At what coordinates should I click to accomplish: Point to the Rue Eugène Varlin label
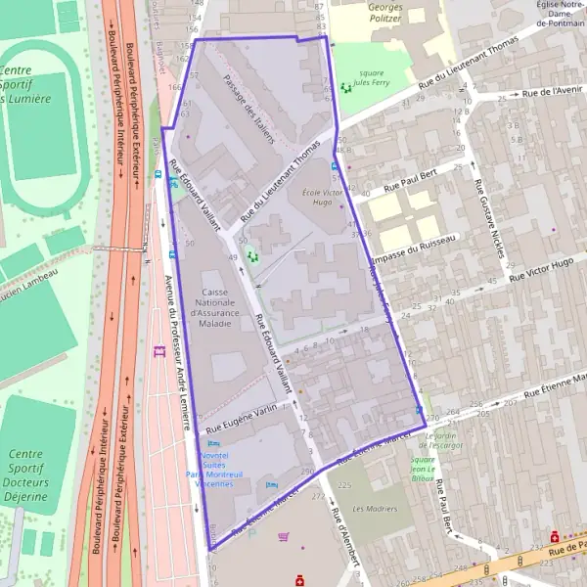point(240,417)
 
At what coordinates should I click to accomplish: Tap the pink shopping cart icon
point(284,536)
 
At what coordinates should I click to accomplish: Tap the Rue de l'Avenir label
point(553,92)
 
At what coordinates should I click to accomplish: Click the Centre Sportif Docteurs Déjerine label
point(27,475)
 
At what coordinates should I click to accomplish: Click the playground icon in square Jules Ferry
point(345,88)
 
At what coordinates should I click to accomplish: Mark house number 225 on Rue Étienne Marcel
point(343,484)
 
